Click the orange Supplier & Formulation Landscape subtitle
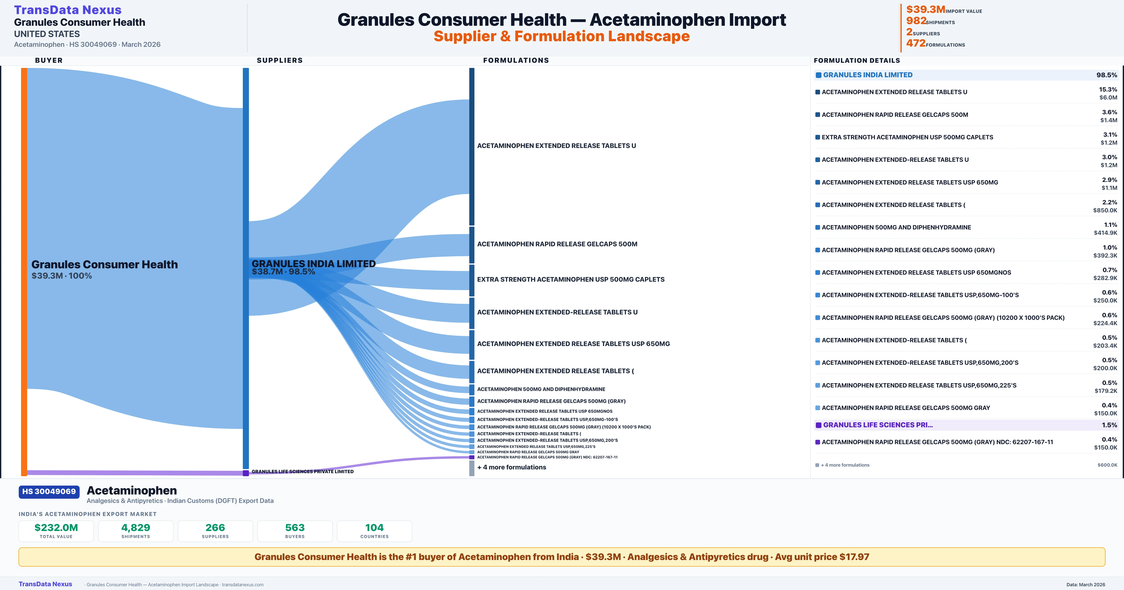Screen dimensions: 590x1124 (562, 36)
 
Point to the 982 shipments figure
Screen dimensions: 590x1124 (916, 21)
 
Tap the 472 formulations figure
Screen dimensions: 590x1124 (916, 43)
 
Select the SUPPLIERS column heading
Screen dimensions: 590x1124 (280, 60)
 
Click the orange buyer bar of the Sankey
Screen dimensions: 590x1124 (24, 271)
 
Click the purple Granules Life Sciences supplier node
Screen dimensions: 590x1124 (246, 473)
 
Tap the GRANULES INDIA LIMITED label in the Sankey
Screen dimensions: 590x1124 (313, 264)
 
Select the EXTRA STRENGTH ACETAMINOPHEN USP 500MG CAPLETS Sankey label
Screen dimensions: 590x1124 (570, 279)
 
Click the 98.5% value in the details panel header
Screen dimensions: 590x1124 (1106, 75)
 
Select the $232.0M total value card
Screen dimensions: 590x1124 (56, 531)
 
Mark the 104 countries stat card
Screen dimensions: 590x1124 (374, 531)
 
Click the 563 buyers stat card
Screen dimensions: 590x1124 (295, 531)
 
